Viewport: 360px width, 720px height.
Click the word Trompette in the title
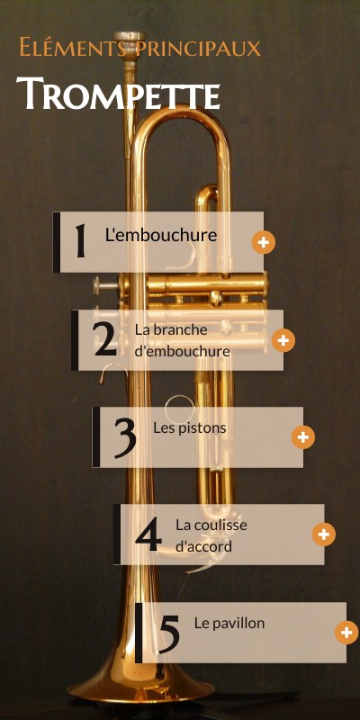point(118,94)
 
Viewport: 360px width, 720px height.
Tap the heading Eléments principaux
point(140,48)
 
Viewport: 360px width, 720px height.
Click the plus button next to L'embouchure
point(264,242)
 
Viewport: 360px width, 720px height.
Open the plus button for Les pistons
point(303,437)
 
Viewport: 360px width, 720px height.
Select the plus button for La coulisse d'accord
point(324,535)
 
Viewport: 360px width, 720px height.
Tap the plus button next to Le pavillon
point(346,633)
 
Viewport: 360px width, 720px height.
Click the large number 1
point(81,240)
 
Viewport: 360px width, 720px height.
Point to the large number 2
point(105,339)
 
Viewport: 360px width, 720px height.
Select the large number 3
point(125,438)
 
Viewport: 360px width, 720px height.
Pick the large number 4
point(148,534)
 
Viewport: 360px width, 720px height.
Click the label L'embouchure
point(161,235)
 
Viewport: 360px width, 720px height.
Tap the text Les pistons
point(190,428)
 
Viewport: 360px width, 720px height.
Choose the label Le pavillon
point(229,623)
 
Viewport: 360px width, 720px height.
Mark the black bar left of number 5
point(139,633)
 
